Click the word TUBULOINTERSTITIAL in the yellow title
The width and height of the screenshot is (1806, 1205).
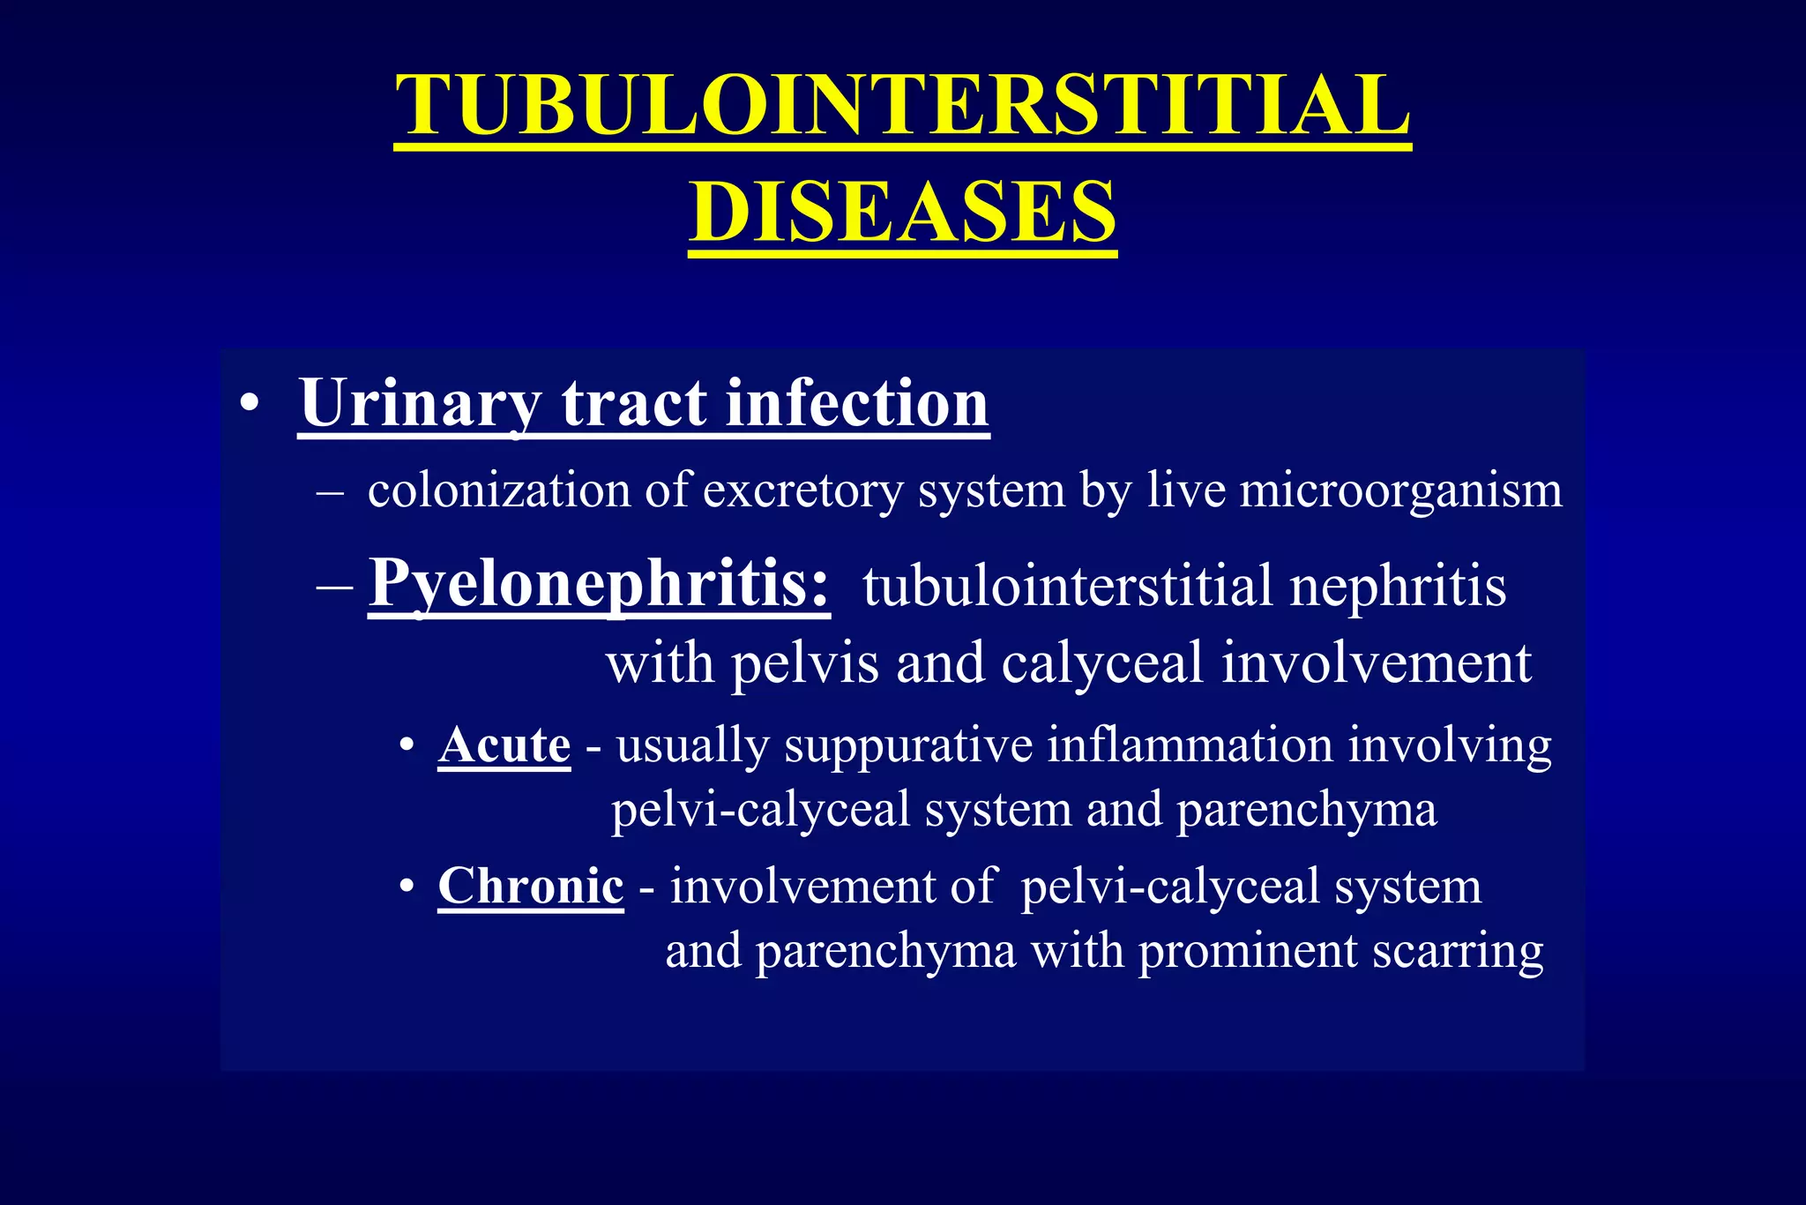click(902, 106)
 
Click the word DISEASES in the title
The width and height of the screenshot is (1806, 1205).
click(902, 212)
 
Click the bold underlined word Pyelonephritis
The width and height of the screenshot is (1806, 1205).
click(599, 584)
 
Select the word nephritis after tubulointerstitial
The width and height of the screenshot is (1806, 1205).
click(1398, 587)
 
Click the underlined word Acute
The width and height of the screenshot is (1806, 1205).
click(504, 745)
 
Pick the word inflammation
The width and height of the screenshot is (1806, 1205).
click(1190, 745)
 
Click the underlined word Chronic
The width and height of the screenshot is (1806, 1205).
click(531, 886)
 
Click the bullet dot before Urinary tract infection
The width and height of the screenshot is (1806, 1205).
click(250, 405)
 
